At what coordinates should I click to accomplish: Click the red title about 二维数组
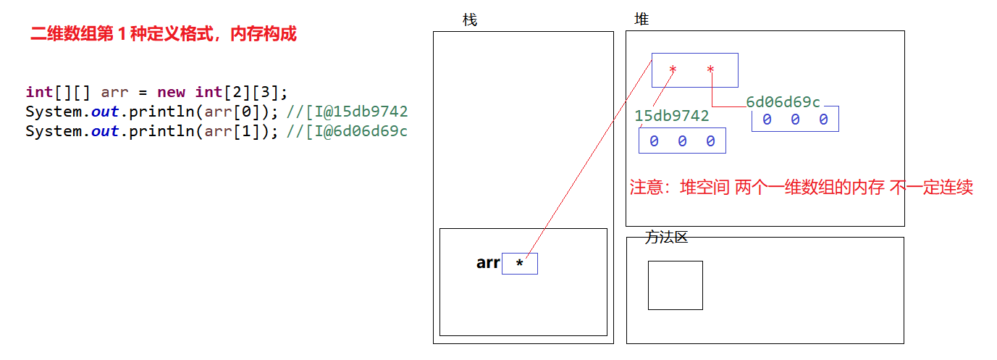pos(164,34)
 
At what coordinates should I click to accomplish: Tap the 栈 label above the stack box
pos(470,20)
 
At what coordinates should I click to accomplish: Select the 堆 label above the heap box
pos(641,20)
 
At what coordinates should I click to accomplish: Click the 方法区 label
pos(666,237)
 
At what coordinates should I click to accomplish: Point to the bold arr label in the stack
pos(488,263)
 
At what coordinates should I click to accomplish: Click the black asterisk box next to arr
pos(519,264)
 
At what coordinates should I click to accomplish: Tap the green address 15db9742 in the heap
pos(672,116)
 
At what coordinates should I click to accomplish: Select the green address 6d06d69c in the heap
pos(783,102)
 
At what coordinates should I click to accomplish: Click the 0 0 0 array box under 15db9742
pos(682,141)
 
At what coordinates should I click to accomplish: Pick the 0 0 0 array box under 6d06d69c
pos(795,120)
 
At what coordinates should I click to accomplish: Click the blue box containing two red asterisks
pos(694,70)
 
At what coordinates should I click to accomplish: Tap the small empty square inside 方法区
pos(675,285)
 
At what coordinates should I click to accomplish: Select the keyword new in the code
pos(172,93)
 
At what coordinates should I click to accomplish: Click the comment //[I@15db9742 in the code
pos(348,112)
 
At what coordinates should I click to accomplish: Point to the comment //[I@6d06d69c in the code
pos(348,131)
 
